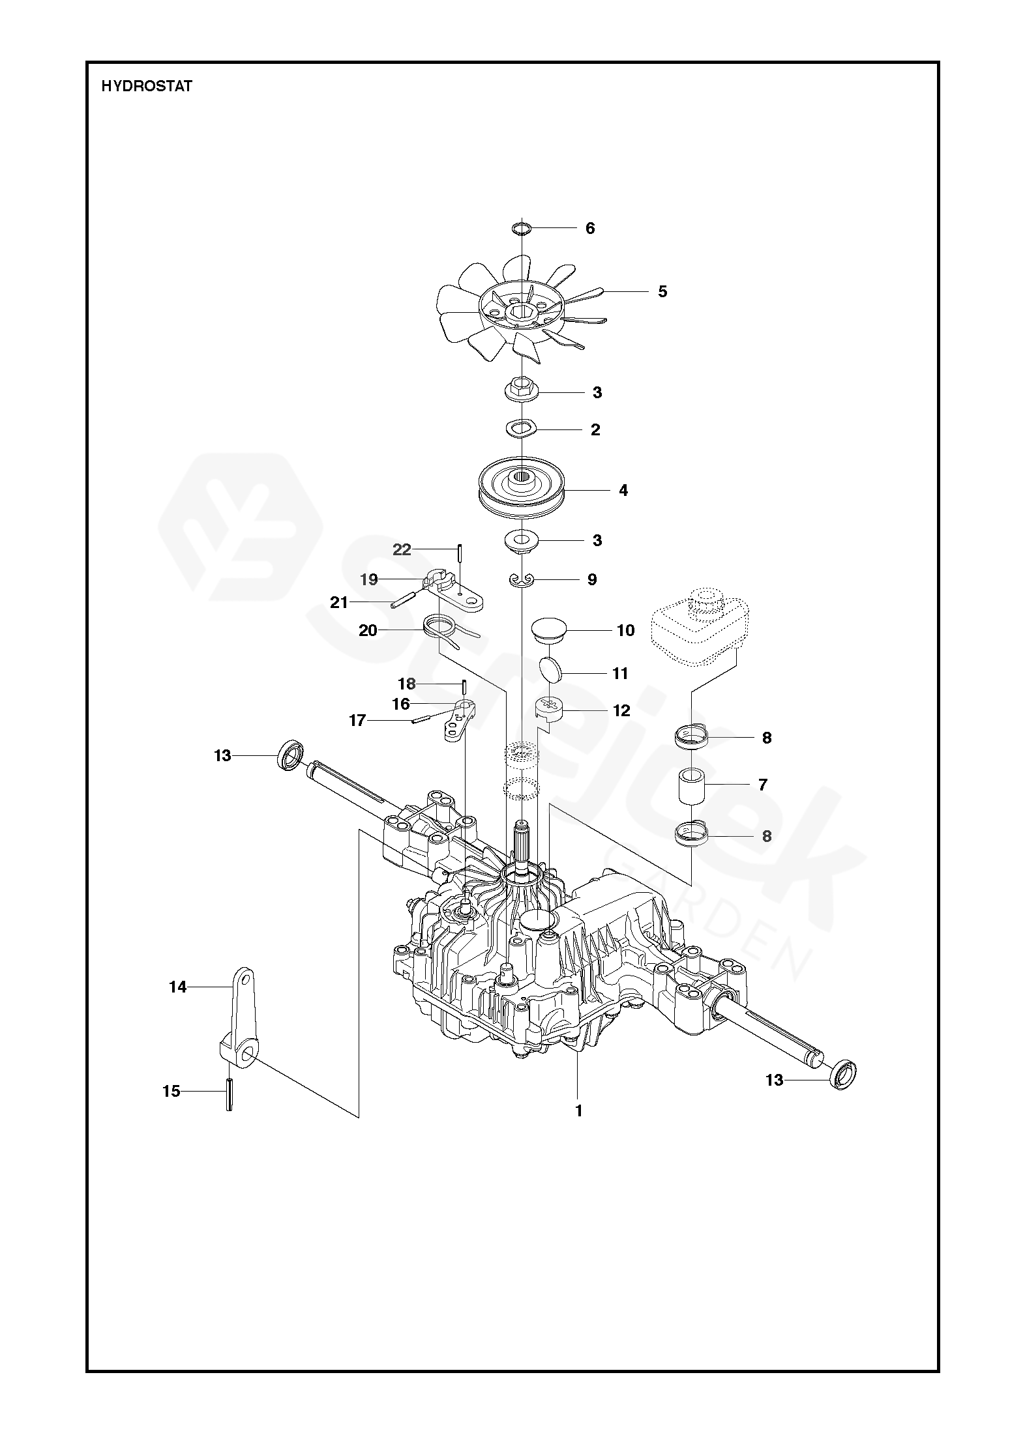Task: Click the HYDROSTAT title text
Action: pos(147,86)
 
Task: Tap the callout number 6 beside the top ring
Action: pos(590,228)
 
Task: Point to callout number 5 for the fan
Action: pos(662,291)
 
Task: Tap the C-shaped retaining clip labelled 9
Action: pos(522,579)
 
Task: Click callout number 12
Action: pos(621,710)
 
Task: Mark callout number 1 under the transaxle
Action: pos(578,1110)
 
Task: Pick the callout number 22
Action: pos(402,549)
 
